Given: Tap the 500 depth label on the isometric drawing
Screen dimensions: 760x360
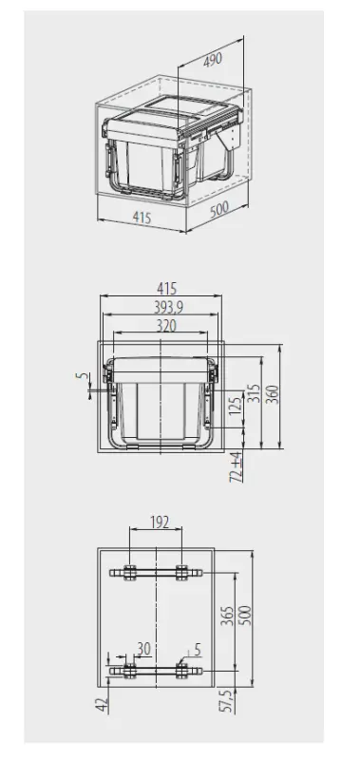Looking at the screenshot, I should (219, 208).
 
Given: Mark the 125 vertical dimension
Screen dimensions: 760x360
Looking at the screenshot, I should (236, 410).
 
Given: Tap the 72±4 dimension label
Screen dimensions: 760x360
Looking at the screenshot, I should (237, 465).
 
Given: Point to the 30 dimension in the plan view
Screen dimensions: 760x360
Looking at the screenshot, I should (143, 649).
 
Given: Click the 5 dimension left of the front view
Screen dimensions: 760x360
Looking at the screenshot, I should (80, 377).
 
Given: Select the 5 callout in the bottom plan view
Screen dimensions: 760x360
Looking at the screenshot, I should (196, 651).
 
